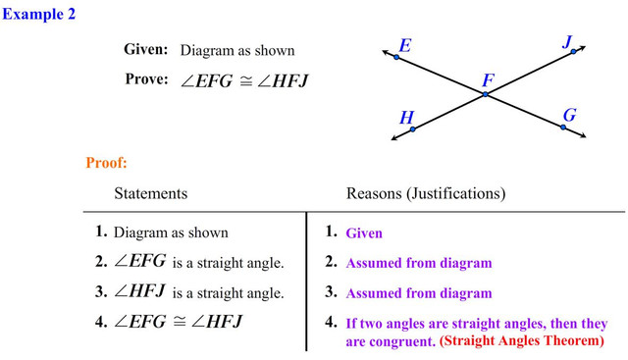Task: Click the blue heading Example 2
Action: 39,14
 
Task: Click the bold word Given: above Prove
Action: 146,49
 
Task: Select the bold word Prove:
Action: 146,78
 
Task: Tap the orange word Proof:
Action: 106,163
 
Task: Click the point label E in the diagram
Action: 405,45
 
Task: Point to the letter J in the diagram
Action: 567,41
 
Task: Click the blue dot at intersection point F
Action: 486,94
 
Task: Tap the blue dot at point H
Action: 413,129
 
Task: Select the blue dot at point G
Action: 563,127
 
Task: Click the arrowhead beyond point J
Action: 583,48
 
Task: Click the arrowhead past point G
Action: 583,135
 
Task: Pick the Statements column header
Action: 151,193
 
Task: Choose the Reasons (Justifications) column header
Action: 426,193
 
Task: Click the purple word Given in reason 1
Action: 364,233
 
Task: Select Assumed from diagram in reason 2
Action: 419,263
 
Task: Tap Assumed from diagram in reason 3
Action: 419,293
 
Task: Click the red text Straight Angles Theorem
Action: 522,340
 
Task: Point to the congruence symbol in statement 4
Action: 179,322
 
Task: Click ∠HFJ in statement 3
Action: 139,291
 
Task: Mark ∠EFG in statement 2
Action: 139,261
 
